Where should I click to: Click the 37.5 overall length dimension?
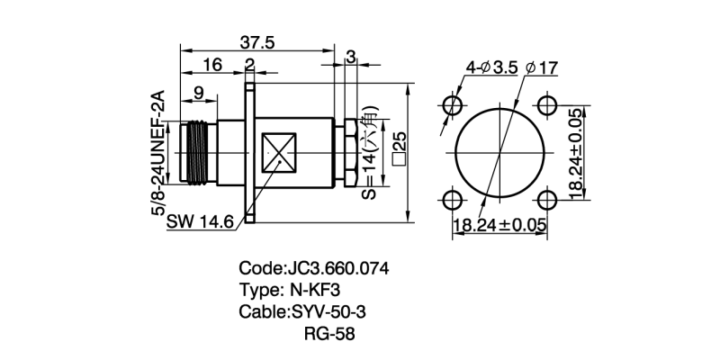tap(256, 42)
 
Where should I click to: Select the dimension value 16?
tap(212, 65)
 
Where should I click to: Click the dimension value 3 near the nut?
tap(350, 58)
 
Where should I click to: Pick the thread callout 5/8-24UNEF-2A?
tap(157, 150)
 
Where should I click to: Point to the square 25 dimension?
tap(399, 148)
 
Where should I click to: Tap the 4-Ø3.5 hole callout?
tap(491, 67)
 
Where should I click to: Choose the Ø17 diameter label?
tap(540, 67)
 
